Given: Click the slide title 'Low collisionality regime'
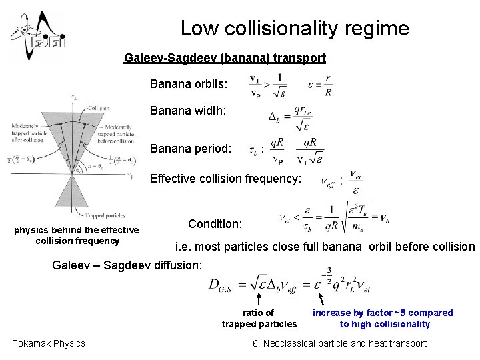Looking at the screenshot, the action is pyautogui.click(x=295, y=28).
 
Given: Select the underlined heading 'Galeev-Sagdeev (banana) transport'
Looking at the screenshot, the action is pyautogui.click(x=225, y=58).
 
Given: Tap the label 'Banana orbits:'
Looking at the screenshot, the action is pyautogui.click(x=189, y=85).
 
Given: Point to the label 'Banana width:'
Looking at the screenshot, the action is pyautogui.click(x=187, y=111).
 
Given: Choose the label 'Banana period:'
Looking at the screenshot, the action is pyautogui.click(x=191, y=148).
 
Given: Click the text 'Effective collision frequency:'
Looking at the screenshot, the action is pyautogui.click(x=226, y=179).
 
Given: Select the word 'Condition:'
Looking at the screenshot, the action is pyautogui.click(x=215, y=224).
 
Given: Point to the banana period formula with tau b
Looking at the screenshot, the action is pyautogui.click(x=287, y=151).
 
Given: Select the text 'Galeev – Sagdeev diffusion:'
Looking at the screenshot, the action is pyautogui.click(x=127, y=265).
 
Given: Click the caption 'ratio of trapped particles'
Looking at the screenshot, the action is pyautogui.click(x=259, y=318).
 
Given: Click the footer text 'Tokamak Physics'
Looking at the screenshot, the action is pyautogui.click(x=49, y=343).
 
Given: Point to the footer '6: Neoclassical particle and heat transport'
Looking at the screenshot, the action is pyautogui.click(x=339, y=343).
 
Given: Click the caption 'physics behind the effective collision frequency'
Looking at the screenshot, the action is pyautogui.click(x=77, y=235).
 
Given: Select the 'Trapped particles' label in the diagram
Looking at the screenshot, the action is pyautogui.click(x=107, y=215).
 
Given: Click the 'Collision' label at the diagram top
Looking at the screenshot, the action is pyautogui.click(x=98, y=108).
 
